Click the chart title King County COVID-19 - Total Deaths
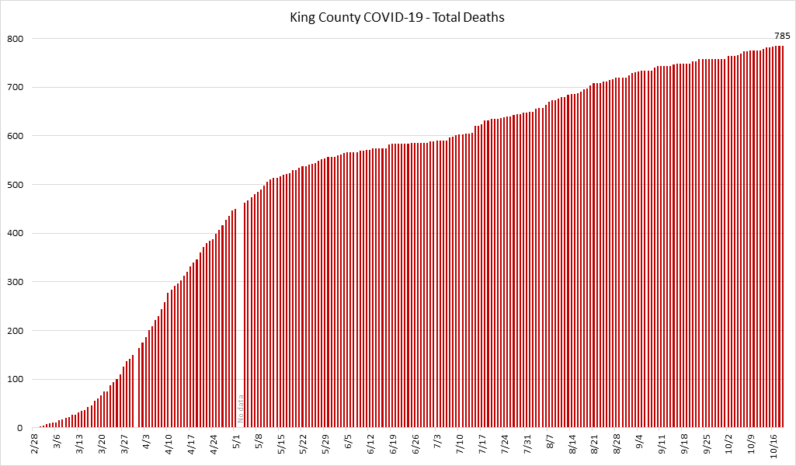click(397, 17)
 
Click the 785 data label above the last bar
click(782, 36)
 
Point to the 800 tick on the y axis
click(16, 39)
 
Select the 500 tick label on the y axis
click(16, 185)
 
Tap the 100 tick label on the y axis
click(16, 380)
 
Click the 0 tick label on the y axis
click(21, 429)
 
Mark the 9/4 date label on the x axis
click(640, 441)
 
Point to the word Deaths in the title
click(485, 17)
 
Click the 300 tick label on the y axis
click(16, 282)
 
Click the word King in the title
click(304, 17)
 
